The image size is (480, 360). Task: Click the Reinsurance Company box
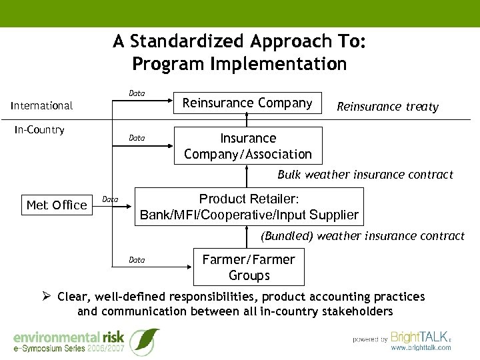[x=247, y=103]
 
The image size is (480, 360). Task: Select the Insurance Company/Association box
[x=247, y=146]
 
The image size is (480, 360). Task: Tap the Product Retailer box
[x=249, y=207]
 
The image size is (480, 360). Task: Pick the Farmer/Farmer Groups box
[x=249, y=267]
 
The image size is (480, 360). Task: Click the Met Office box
[x=57, y=205]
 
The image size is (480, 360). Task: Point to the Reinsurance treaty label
[x=387, y=107]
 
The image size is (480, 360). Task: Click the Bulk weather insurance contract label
[x=365, y=175]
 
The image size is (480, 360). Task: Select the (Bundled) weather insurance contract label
[x=363, y=236]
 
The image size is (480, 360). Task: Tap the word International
[x=41, y=105]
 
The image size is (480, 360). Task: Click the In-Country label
[x=39, y=130]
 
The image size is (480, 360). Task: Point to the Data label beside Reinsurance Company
[x=137, y=93]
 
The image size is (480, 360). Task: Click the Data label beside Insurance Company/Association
[x=137, y=139]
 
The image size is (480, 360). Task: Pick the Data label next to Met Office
[x=110, y=199]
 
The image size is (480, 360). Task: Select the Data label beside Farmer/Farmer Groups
[x=137, y=260]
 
